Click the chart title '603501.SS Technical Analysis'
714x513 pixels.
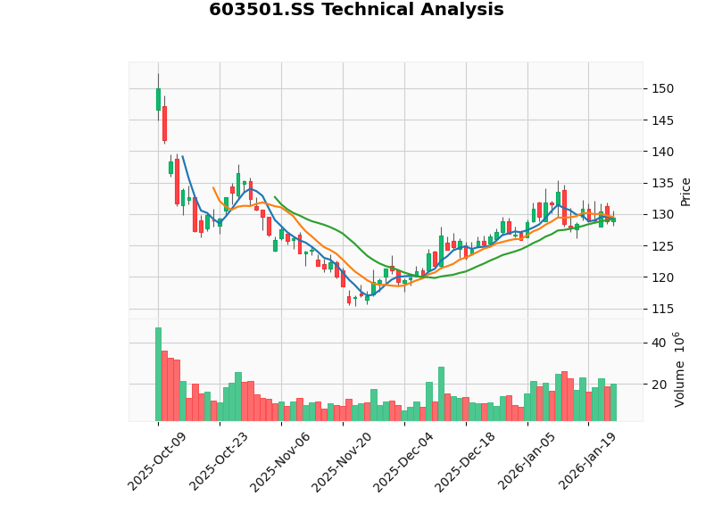click(356, 10)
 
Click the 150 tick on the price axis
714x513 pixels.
click(661, 88)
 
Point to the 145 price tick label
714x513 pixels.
click(661, 120)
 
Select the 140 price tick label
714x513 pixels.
click(661, 152)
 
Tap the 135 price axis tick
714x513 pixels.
click(661, 183)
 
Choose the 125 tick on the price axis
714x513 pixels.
click(661, 246)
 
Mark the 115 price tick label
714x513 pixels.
click(661, 309)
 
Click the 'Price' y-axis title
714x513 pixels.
click(685, 191)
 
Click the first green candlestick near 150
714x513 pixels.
click(158, 99)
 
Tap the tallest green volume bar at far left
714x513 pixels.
click(158, 374)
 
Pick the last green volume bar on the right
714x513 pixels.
click(613, 402)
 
